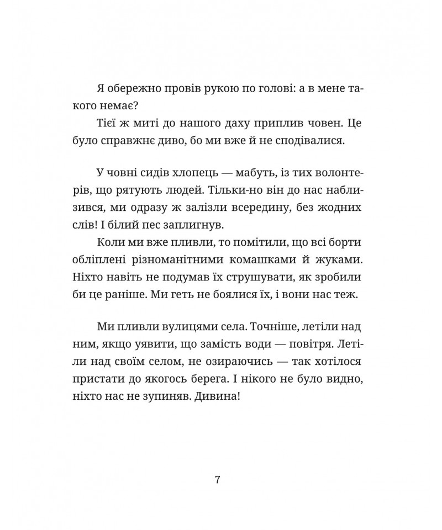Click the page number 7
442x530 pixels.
[218, 479]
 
